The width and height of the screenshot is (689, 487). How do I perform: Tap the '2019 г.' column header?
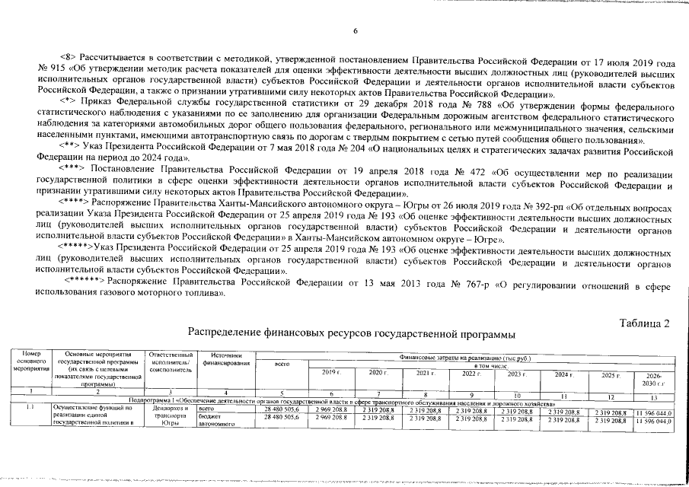click(330, 374)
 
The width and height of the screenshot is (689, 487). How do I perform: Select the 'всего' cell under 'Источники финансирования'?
click(208, 409)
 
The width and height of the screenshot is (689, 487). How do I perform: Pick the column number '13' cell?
click(654, 396)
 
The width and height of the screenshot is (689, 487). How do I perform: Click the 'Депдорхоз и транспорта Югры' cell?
click(171, 416)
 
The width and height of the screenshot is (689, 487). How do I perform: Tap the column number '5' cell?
click(282, 392)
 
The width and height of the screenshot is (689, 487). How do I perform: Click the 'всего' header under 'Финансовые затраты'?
click(282, 364)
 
